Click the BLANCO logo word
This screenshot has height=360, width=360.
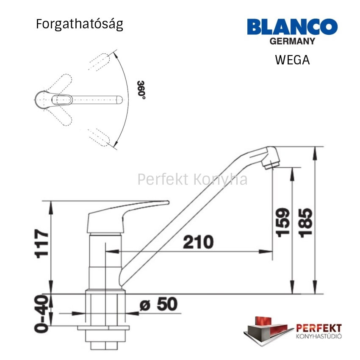pyautogui.click(x=292, y=27)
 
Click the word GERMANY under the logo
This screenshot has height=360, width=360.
pyautogui.click(x=292, y=42)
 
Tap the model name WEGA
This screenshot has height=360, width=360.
pyautogui.click(x=292, y=60)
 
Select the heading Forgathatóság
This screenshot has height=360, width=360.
pyautogui.click(x=80, y=24)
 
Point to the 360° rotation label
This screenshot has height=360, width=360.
pyautogui.click(x=141, y=90)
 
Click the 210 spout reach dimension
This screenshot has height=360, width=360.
pyautogui.click(x=198, y=242)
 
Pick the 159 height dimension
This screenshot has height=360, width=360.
pyautogui.click(x=282, y=222)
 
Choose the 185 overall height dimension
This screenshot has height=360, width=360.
pyautogui.click(x=305, y=223)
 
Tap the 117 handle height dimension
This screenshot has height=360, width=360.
pyautogui.click(x=42, y=244)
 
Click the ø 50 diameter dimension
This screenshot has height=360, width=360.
pyautogui.click(x=159, y=304)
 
